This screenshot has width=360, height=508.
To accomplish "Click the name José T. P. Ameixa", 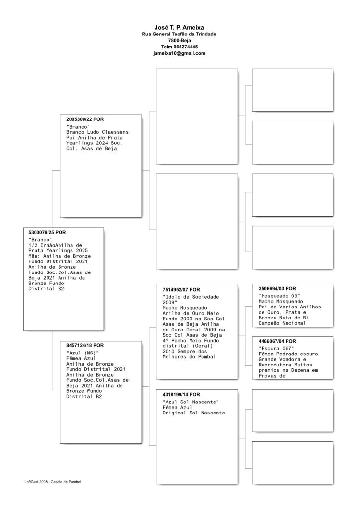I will pyautogui.click(x=179, y=28).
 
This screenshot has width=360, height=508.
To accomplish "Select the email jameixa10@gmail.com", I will pyautogui.click(x=179, y=53).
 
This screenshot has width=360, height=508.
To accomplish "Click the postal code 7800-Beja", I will pyautogui.click(x=179, y=41).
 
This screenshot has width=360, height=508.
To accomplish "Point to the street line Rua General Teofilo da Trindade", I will pyautogui.click(x=179, y=35).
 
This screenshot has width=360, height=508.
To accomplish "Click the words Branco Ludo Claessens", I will pyautogui.click(x=97, y=132).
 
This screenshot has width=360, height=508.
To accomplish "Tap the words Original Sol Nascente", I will pyautogui.click(x=194, y=413).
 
